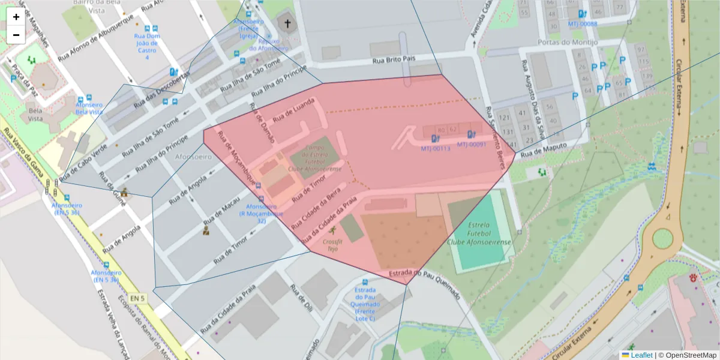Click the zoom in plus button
coord(16,17)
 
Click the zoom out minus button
coord(16,35)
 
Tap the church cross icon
coord(287,25)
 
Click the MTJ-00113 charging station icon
coord(435,139)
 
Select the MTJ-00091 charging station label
coord(471,145)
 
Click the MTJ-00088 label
coord(582,24)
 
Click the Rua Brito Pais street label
coord(394,61)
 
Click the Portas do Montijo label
coord(568,43)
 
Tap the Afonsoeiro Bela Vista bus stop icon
coord(89,99)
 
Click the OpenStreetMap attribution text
coord(690,355)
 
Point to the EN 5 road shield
coord(137,298)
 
